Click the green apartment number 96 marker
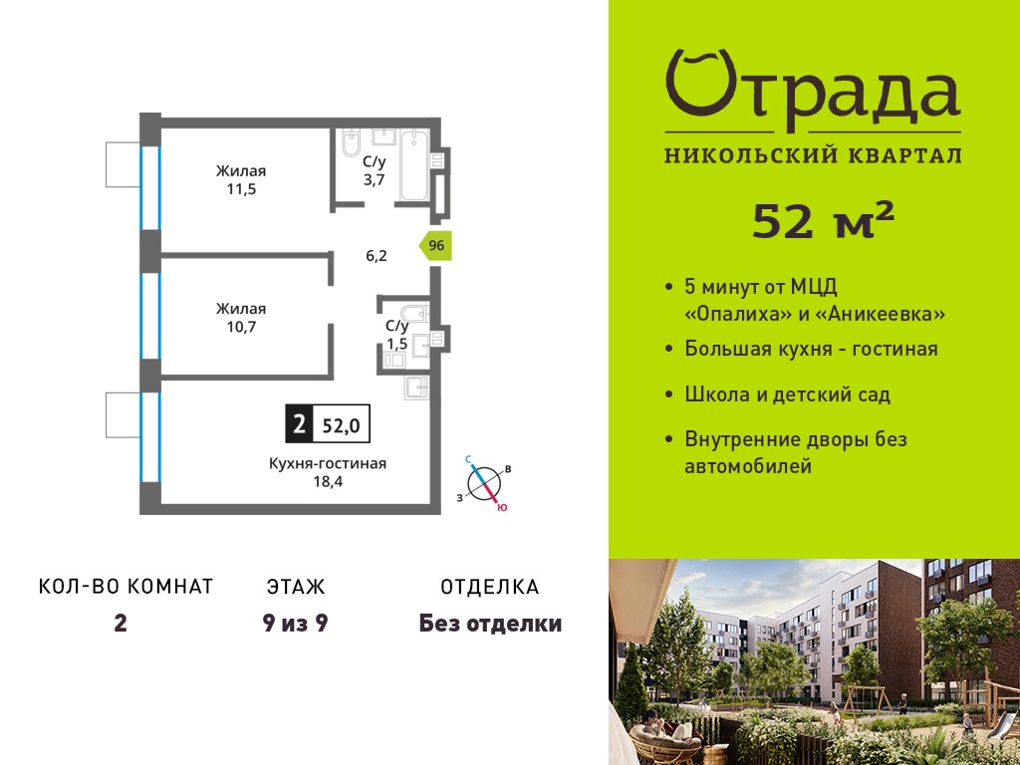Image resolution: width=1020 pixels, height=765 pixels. (435, 246)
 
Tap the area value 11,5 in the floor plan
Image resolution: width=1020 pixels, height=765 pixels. (241, 189)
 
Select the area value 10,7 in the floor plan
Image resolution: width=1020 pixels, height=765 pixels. (241, 327)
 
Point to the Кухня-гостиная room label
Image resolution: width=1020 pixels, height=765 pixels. (328, 463)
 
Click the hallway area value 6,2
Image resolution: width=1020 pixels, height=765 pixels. (376, 256)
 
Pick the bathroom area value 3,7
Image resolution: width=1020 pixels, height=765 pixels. (375, 179)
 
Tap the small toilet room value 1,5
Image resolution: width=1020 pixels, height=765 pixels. (396, 343)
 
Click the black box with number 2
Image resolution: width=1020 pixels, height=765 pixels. (299, 424)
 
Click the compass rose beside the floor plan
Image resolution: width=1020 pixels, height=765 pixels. (485, 483)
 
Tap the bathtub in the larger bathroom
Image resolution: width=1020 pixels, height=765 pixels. (413, 165)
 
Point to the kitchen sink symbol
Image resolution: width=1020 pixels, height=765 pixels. (416, 387)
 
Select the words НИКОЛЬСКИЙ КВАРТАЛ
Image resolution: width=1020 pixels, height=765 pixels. (813, 155)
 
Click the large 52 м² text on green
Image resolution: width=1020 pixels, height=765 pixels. (823, 220)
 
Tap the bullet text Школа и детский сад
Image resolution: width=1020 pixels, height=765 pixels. (788, 394)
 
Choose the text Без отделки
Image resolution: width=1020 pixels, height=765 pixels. (490, 624)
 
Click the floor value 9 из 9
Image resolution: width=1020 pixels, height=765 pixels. (295, 624)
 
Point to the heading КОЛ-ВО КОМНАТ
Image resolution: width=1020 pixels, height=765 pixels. (127, 586)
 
